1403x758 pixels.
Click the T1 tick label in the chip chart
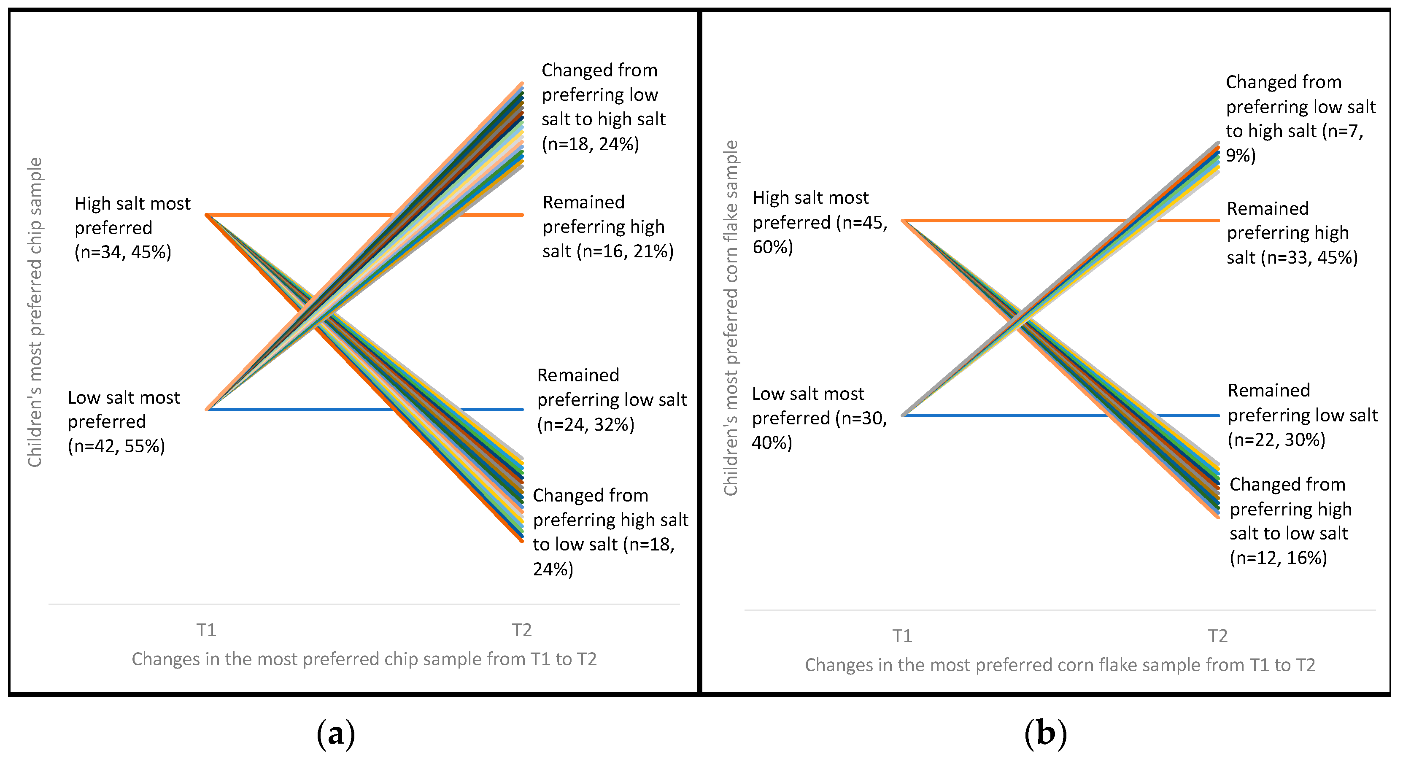pos(206,630)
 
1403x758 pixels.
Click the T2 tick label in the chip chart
pos(522,630)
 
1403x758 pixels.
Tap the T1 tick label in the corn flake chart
pos(902,636)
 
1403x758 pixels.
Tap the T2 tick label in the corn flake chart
pos(1218,636)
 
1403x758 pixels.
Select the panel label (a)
pos(335,734)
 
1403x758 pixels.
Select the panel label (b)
pos(1045,734)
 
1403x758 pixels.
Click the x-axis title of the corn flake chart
pos(1060,665)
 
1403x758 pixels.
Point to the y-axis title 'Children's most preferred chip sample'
pos(35,312)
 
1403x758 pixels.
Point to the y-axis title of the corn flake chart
pos(730,318)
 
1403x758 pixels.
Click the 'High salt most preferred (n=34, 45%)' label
pos(132,228)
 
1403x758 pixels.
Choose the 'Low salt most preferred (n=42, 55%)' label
pos(124,421)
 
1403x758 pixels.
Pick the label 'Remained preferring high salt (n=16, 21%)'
pos(608,227)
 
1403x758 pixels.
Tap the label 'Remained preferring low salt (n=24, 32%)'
pos(612,400)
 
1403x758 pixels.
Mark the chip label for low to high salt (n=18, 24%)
pos(603,107)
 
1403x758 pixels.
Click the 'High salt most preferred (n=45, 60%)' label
pos(820,222)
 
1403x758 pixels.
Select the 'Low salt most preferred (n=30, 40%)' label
pos(819,418)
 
